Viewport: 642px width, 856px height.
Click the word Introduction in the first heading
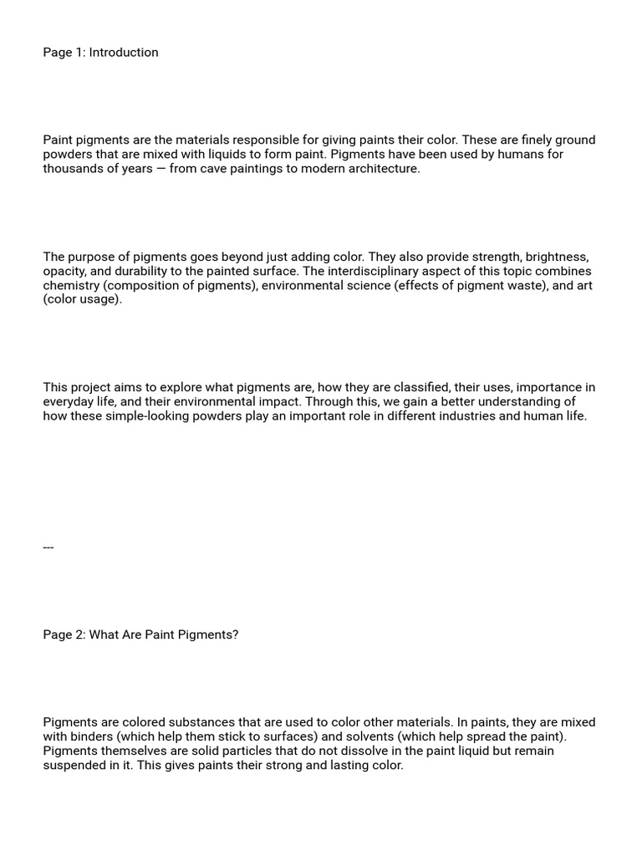[124, 53]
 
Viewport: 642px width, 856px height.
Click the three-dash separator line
[48, 548]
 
